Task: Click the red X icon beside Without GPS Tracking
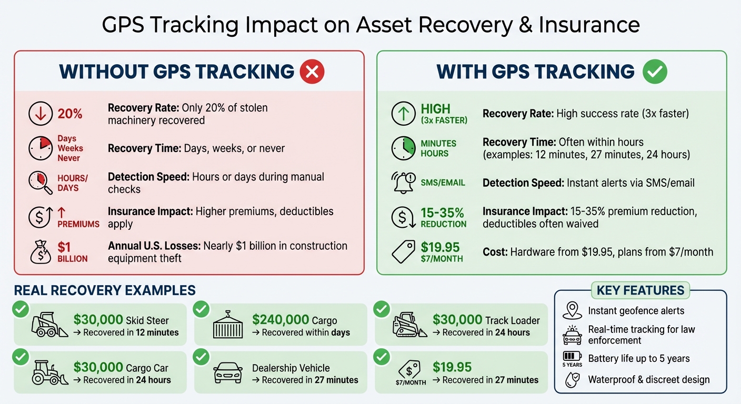[x=312, y=72]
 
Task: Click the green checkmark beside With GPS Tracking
[x=655, y=72]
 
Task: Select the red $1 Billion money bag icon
[x=41, y=252]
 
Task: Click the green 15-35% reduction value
[x=442, y=213]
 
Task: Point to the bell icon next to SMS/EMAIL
[x=404, y=183]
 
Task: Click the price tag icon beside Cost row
[x=404, y=252]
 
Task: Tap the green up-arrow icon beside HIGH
[x=404, y=114]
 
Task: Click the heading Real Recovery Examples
[x=105, y=290]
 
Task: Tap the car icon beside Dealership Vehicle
[x=227, y=373]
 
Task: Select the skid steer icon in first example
[x=49, y=325]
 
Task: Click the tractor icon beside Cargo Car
[x=48, y=372]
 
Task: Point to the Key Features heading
[x=640, y=290]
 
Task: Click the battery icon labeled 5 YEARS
[x=572, y=356]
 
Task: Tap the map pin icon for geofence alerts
[x=572, y=310]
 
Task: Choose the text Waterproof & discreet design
[x=648, y=380]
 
